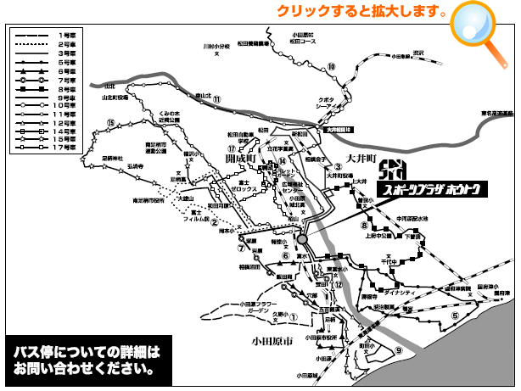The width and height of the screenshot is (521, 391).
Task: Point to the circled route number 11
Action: (217, 99)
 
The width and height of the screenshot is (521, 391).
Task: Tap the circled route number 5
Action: (455, 316)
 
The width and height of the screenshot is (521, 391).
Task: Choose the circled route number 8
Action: (363, 226)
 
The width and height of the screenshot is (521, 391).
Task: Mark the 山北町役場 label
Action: (115, 97)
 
